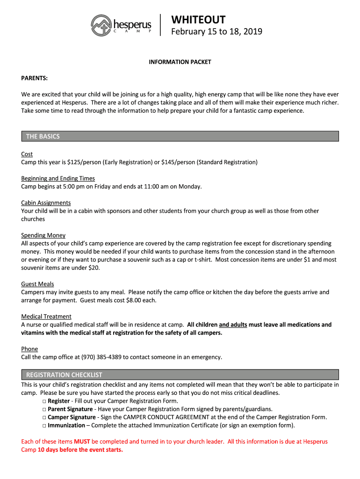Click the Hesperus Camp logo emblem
[101, 24]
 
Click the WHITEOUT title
[198, 20]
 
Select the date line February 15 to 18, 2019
[216, 32]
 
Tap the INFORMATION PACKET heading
[180, 62]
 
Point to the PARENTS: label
[35, 78]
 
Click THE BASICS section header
[43, 137]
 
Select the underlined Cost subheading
[27, 154]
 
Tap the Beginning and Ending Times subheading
[58, 178]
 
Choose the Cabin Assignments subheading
[46, 203]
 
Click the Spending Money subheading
[43, 235]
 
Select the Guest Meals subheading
[37, 284]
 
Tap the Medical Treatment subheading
[46, 316]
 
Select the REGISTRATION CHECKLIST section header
[64, 375]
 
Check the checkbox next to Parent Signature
[44, 409]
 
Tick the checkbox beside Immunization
[44, 426]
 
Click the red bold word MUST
[82, 442]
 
